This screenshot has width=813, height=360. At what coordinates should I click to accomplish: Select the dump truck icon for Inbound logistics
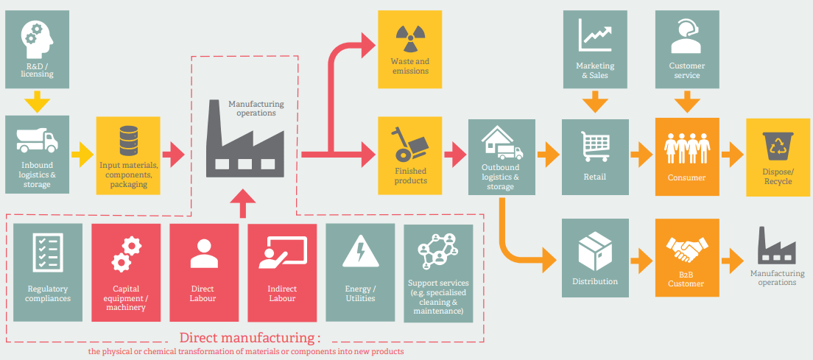[36, 141]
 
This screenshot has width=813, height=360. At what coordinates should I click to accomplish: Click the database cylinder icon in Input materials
[129, 141]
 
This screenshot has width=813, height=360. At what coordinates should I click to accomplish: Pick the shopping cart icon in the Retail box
[595, 146]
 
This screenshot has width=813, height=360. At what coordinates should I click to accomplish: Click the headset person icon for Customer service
[686, 37]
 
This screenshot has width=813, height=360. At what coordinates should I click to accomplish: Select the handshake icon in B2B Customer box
[686, 250]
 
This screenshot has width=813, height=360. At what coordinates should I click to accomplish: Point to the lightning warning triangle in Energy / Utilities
[360, 251]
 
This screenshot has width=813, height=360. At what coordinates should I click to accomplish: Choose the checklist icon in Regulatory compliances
[48, 253]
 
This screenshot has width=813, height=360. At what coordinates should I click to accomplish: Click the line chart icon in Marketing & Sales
[595, 34]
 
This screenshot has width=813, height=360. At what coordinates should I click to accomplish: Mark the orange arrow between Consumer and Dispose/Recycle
[732, 155]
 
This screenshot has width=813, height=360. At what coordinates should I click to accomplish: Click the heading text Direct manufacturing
[250, 339]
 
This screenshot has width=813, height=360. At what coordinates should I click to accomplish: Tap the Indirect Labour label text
[282, 293]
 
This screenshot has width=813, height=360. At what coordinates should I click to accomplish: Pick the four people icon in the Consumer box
[686, 147]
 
